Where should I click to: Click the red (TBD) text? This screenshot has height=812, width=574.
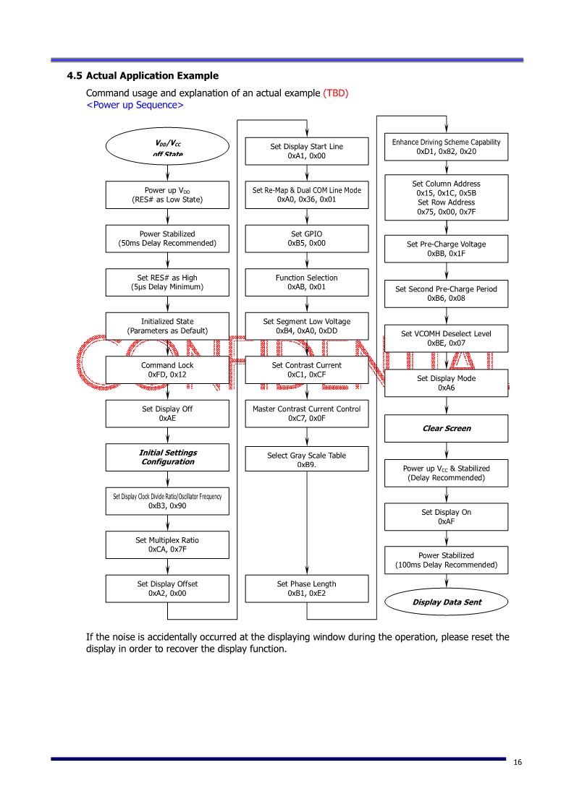tap(335, 93)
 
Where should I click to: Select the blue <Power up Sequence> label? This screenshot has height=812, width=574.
tap(135, 105)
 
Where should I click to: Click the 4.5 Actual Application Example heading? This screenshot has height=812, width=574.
tap(143, 76)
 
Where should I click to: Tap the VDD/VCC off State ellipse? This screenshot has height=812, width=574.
tap(167, 147)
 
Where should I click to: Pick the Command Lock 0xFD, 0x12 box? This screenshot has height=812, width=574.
tap(167, 369)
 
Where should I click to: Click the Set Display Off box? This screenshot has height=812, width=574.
tap(167, 414)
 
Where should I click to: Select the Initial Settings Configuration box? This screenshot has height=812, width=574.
tap(167, 457)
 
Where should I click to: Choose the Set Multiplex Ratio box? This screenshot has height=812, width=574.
tap(167, 544)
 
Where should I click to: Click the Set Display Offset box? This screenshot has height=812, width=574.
tap(167, 589)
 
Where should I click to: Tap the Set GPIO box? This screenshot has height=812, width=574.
tap(307, 239)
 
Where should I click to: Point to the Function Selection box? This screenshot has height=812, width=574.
tap(307, 282)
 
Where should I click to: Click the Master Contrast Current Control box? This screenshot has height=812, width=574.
tap(307, 414)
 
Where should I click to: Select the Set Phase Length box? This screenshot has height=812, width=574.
tap(307, 589)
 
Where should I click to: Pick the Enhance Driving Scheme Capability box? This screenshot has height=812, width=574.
tap(447, 147)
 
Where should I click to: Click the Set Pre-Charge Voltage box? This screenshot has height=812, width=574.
tap(447, 249)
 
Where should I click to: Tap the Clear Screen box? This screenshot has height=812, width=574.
tap(447, 428)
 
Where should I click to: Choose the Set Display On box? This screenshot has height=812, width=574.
tap(447, 517)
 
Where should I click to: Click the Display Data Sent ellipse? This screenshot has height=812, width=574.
tap(447, 602)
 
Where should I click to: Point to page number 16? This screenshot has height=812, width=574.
tap(518, 762)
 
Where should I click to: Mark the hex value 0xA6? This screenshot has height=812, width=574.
tap(447, 388)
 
